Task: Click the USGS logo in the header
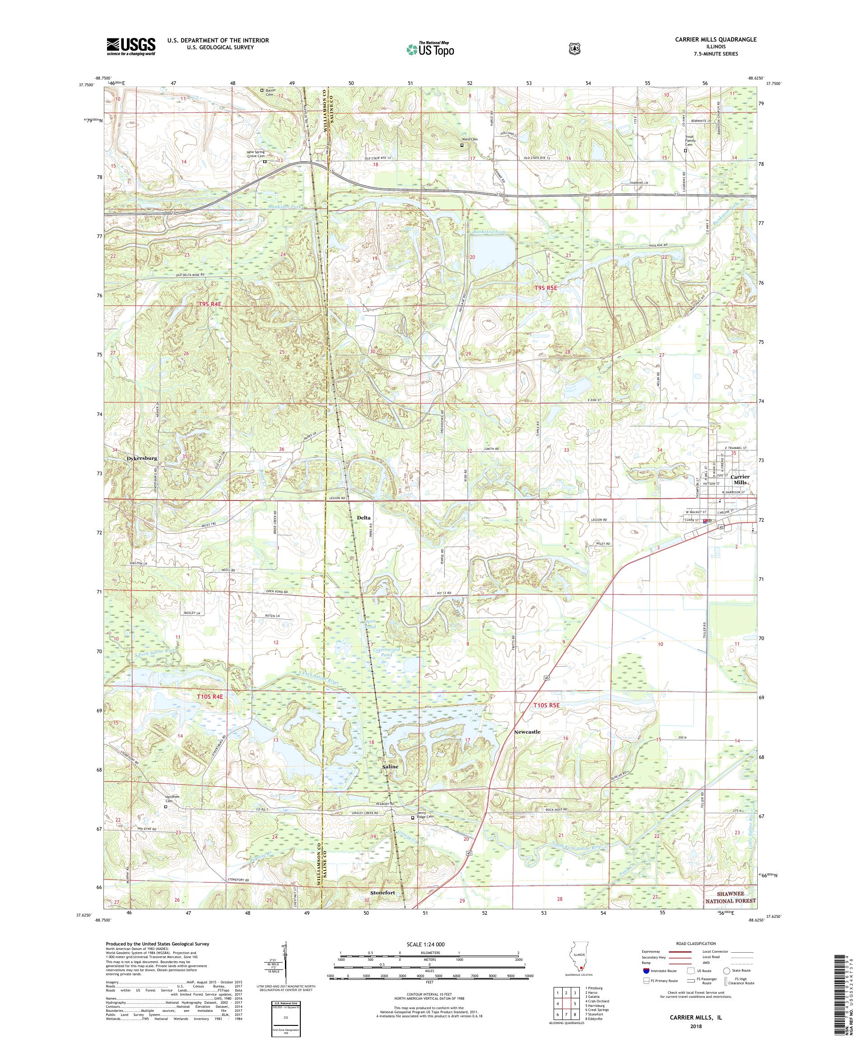click(131, 47)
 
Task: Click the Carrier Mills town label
click(739, 480)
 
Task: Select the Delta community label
click(364, 518)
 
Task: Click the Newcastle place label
click(527, 732)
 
